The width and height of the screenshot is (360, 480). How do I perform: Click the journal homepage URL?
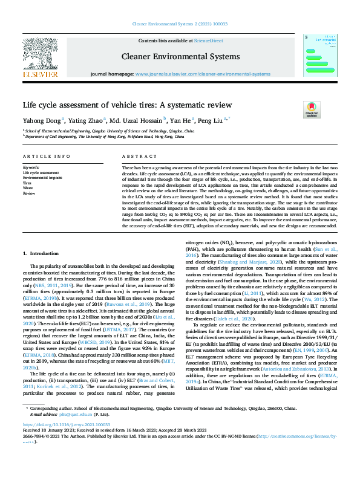[x=203, y=74]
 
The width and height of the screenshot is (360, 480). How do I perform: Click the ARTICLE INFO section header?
[x=46, y=156]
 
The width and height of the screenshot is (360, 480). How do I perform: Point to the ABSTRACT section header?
[x=136, y=156]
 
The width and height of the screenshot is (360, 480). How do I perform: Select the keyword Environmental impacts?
[x=42, y=178]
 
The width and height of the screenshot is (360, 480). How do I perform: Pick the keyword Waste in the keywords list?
[x=28, y=188]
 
